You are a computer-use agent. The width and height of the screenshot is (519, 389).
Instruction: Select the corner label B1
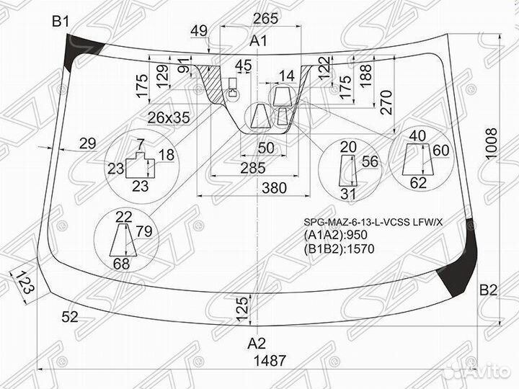[61, 22]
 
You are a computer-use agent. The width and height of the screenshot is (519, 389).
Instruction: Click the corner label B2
[489, 291]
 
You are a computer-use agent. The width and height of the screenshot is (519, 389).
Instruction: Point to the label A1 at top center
[258, 42]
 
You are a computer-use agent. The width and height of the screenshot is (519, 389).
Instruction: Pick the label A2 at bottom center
[257, 342]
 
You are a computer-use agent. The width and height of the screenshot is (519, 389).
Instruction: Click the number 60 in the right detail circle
[441, 150]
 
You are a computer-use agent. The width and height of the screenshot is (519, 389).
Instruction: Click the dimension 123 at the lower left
[27, 282]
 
